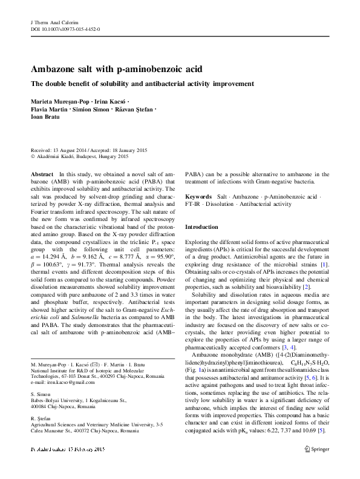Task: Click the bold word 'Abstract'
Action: [41, 174]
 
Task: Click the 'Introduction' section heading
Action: [201, 226]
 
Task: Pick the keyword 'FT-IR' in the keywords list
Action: [192, 205]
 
